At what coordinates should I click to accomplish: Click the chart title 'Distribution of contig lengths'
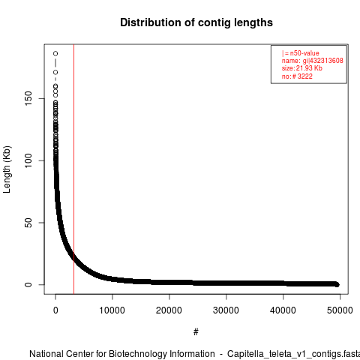[196, 22]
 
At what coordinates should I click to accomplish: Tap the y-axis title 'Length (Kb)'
[7, 169]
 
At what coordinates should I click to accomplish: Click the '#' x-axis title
[196, 331]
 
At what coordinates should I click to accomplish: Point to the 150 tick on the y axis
[28, 98]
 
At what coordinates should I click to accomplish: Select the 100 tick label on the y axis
[28, 160]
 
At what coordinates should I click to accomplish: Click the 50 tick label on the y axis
[28, 223]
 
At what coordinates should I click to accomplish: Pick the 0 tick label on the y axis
[28, 285]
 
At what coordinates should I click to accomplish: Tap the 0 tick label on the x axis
[55, 310]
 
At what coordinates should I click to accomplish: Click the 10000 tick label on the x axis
[112, 310]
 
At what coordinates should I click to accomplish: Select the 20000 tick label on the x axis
[169, 310]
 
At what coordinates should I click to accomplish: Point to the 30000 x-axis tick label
[226, 310]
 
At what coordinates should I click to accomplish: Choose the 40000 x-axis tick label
[283, 310]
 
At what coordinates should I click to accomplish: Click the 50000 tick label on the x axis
[340, 310]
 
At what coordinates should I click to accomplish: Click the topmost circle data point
[55, 53]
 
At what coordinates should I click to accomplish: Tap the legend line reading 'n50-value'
[304, 53]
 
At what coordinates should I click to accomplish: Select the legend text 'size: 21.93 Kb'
[302, 68]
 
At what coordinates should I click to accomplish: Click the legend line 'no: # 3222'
[297, 76]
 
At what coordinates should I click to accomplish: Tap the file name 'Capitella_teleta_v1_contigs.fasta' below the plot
[293, 354]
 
